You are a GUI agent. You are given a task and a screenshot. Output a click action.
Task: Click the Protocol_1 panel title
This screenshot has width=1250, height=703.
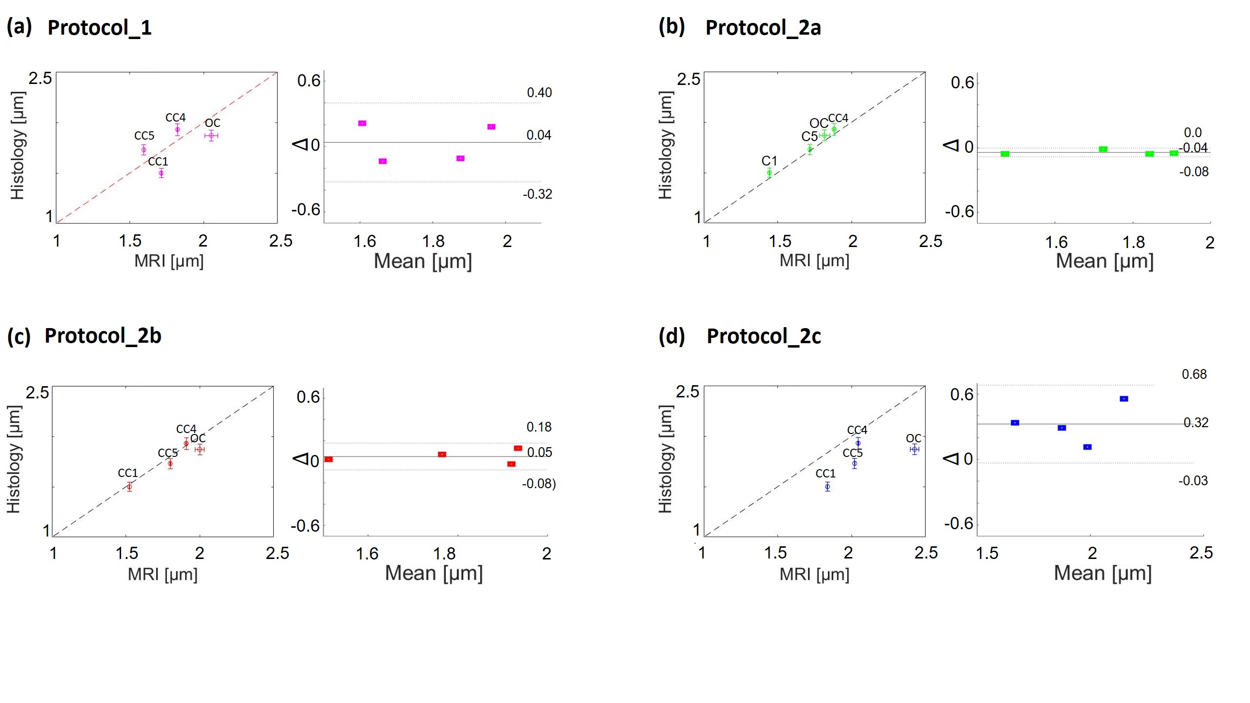tap(99, 28)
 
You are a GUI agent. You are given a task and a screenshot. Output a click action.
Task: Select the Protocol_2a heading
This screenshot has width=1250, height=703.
tap(763, 28)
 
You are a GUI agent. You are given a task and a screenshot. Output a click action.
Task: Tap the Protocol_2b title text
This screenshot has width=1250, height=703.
tap(103, 336)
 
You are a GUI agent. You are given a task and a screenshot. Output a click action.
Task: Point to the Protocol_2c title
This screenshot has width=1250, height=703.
tap(764, 336)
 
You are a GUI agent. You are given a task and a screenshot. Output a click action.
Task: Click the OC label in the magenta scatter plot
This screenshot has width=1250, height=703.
tap(212, 123)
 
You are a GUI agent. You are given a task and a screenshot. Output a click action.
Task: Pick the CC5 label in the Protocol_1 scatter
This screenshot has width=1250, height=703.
tap(144, 136)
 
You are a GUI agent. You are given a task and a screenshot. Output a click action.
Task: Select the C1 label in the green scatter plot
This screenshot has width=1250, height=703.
tap(769, 161)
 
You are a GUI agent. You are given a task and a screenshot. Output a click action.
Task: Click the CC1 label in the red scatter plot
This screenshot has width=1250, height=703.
tap(128, 473)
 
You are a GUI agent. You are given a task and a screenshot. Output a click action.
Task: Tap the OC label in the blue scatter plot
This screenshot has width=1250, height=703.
tap(914, 438)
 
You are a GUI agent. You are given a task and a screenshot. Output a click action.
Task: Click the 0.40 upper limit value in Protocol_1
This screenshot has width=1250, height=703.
tap(539, 93)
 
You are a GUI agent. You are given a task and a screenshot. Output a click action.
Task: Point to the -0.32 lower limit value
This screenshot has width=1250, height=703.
tap(537, 194)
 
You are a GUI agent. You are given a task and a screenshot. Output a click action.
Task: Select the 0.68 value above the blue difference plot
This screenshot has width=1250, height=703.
tap(1194, 374)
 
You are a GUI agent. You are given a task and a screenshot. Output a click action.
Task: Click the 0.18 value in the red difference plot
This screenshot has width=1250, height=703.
tap(539, 427)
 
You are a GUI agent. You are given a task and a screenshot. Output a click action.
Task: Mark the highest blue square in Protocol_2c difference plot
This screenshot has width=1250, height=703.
tap(1124, 399)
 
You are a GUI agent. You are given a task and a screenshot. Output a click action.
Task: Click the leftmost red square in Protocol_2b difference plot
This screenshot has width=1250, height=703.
tap(329, 459)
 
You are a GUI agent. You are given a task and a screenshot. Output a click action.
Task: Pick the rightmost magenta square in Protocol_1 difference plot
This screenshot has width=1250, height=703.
tap(491, 127)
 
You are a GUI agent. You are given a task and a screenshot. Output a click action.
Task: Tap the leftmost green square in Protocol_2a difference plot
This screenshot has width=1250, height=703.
tap(1005, 154)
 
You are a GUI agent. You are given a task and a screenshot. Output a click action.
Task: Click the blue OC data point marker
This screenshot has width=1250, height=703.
tap(915, 449)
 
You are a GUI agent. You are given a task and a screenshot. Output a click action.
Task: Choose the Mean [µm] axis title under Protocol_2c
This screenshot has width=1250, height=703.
tap(1103, 573)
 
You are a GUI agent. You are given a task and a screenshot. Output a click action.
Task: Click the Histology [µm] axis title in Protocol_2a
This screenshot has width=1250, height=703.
tap(666, 145)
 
